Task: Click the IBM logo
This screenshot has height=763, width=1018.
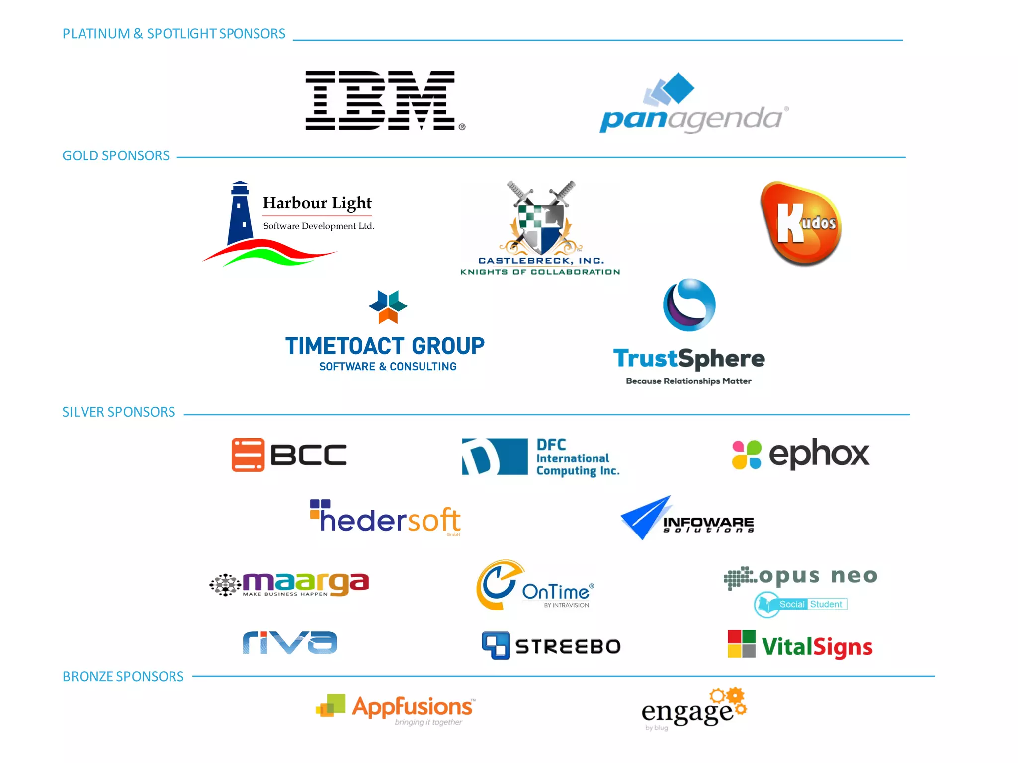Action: [x=380, y=100]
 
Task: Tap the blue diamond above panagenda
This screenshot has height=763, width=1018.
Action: [x=679, y=87]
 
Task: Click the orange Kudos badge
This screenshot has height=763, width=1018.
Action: [x=801, y=224]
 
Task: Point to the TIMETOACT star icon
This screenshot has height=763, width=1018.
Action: [x=388, y=306]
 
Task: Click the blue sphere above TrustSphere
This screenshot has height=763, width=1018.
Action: [x=689, y=305]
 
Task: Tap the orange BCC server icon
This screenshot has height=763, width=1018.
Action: [x=248, y=455]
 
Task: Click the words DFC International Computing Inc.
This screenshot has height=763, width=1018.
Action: [x=578, y=458]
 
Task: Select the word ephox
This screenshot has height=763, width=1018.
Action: [x=819, y=454]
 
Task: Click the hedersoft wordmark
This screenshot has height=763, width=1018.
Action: [x=390, y=520]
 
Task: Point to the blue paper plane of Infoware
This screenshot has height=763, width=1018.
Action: [x=645, y=518]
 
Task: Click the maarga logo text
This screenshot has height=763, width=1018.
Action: [x=306, y=582]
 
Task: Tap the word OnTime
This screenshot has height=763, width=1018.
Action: [x=556, y=592]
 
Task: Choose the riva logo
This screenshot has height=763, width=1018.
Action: [x=290, y=643]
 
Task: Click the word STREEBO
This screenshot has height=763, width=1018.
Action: [x=568, y=646]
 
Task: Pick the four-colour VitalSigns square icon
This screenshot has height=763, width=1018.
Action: [x=742, y=644]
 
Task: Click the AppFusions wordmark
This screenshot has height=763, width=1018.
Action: [x=412, y=706]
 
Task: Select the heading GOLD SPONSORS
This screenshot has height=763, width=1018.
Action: [x=116, y=156]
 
